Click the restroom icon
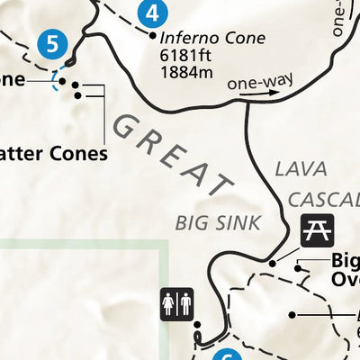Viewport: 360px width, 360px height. pos(176,303)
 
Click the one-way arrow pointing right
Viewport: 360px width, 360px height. pos(261,91)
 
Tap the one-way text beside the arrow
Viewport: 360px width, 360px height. pos(248,84)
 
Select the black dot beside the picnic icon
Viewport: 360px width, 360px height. pos(274,262)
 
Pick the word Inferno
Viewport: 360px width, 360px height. pos(184,39)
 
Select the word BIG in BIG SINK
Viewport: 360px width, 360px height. pos(192,220)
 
